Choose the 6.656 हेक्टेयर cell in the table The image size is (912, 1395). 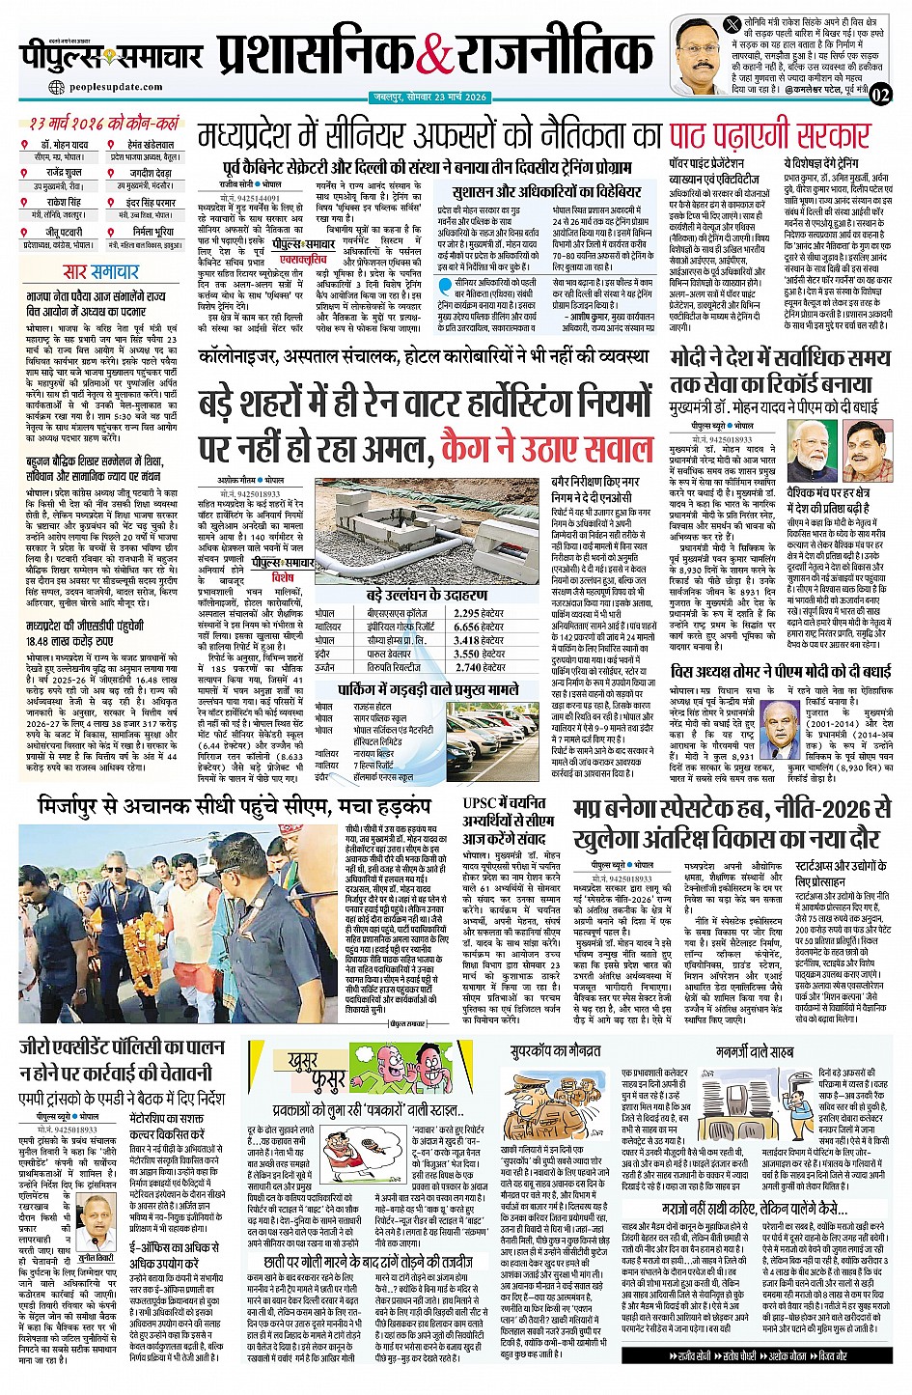click(480, 627)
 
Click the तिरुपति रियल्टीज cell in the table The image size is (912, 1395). click(393, 666)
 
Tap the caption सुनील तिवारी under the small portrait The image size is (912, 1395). click(97, 1233)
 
